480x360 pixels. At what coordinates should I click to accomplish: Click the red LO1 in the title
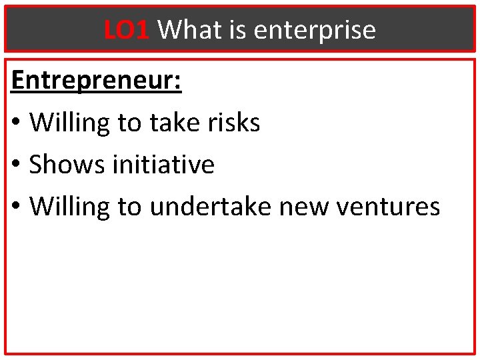click(x=126, y=29)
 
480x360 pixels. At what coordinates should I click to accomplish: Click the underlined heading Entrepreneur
click(x=93, y=81)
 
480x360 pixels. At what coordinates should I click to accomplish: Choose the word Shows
click(x=67, y=165)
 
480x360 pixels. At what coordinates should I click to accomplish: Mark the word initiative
click(x=163, y=165)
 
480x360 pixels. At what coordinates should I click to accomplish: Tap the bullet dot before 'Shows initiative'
click(x=17, y=166)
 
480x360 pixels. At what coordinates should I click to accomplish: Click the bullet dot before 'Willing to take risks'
click(x=17, y=124)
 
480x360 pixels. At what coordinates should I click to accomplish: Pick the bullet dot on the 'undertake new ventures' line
click(x=17, y=208)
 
